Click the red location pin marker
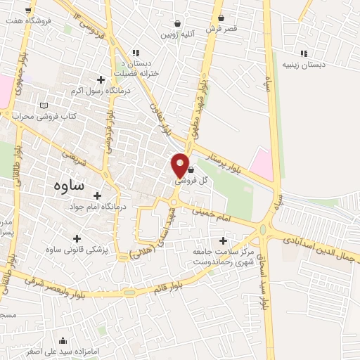181,165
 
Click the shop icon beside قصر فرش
221,18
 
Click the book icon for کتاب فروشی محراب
44,105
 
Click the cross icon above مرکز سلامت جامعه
223,241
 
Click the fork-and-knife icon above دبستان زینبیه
304,53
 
